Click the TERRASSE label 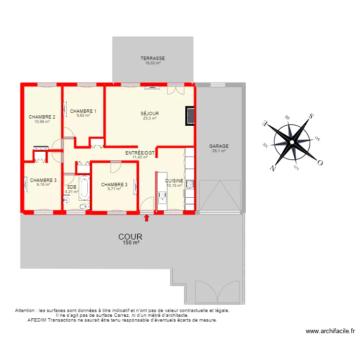click(x=153, y=58)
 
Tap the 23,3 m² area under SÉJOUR click(x=150, y=118)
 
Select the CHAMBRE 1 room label click(x=83, y=111)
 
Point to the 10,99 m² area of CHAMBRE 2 click(x=42, y=121)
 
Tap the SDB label click(x=72, y=187)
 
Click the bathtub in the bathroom click(x=84, y=188)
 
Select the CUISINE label click(x=174, y=181)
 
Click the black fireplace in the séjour click(x=191, y=116)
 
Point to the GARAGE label click(x=219, y=146)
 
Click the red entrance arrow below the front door click(x=147, y=218)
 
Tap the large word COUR click(x=131, y=237)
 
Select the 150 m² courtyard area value click(x=131, y=244)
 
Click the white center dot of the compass click(x=291, y=143)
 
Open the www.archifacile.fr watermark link click(x=330, y=331)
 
